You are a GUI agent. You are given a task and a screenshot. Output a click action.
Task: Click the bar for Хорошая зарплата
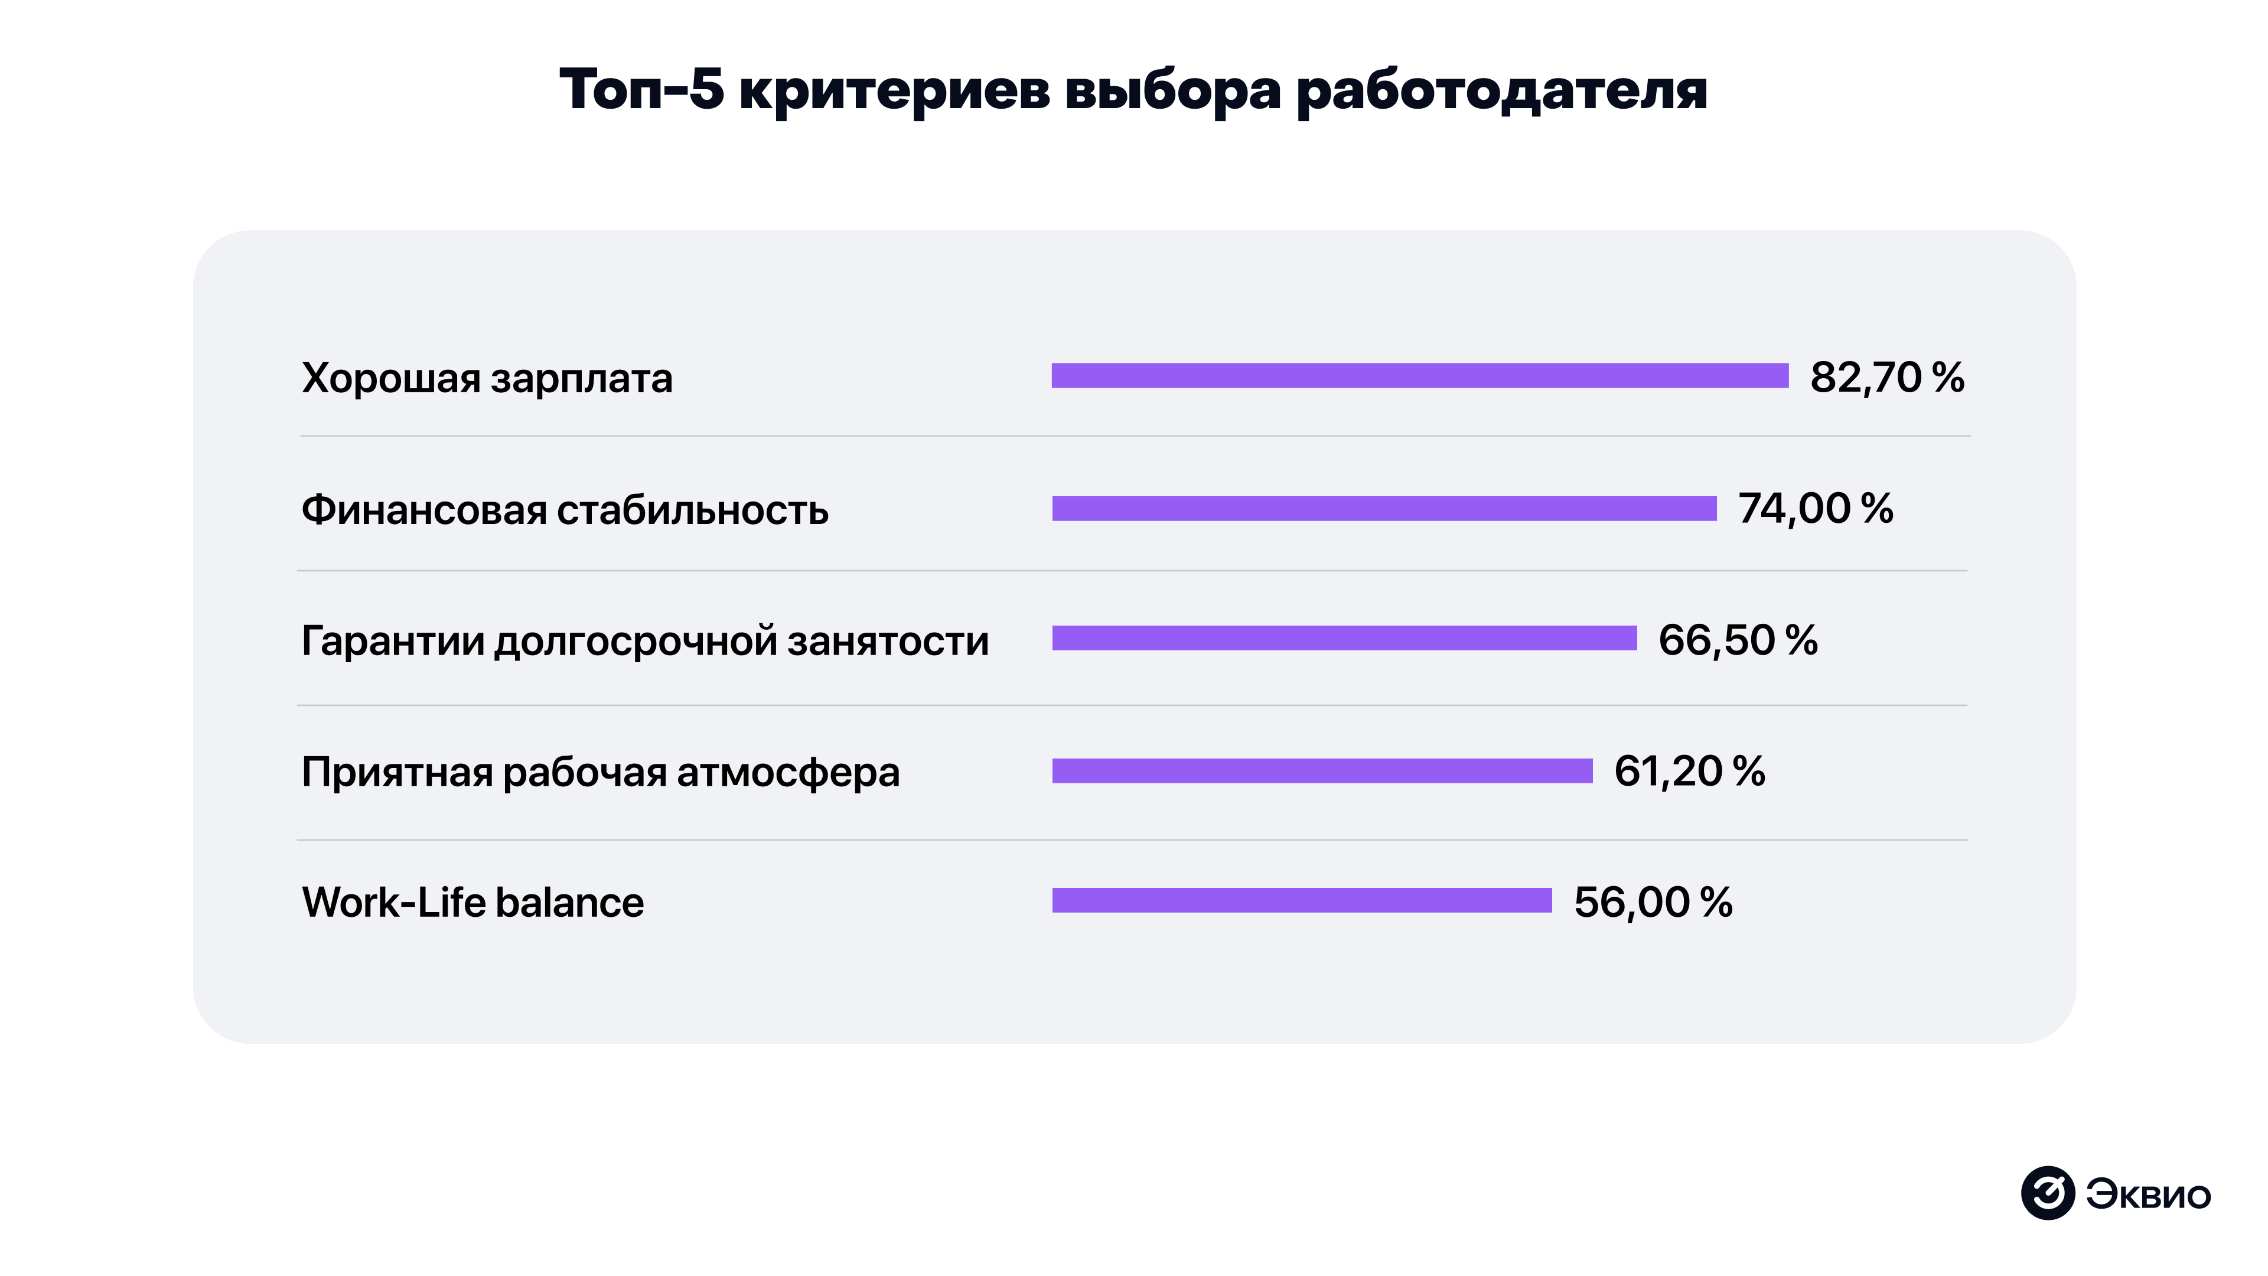[x=1419, y=376]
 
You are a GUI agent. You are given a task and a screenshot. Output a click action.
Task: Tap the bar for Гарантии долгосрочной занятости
[x=1344, y=639]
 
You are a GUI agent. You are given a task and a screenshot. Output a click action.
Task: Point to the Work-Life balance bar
[x=1301, y=900]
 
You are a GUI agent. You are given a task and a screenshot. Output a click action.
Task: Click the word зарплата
[x=581, y=379]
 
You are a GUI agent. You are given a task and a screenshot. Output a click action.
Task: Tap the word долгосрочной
[x=634, y=641]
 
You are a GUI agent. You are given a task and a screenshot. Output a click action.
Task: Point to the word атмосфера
[x=788, y=772]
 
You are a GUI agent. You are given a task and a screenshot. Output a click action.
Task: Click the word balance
[x=569, y=903]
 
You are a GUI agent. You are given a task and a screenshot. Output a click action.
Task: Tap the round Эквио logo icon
[x=2047, y=1193]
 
